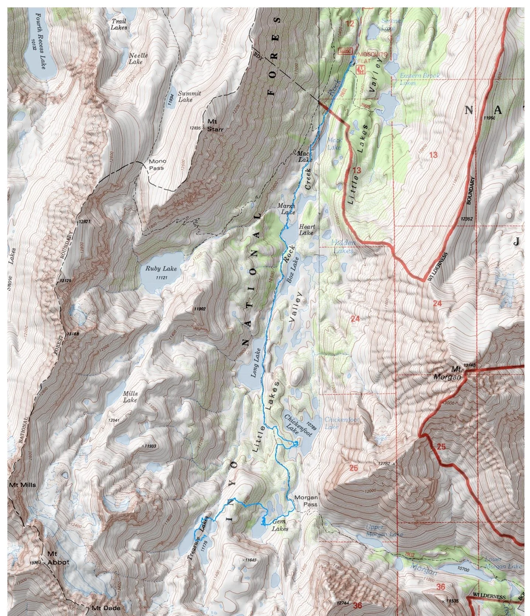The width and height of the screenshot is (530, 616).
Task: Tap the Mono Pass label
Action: click(157, 164)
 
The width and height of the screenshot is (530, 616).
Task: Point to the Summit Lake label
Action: click(189, 96)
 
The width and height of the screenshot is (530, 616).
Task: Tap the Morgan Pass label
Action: click(306, 500)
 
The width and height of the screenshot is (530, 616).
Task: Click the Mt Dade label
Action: click(106, 608)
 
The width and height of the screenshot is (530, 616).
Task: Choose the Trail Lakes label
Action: click(119, 24)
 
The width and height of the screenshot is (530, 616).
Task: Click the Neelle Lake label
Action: click(138, 58)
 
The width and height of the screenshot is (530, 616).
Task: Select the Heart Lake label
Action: click(306, 230)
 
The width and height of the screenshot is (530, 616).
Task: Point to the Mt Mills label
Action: click(23, 485)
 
